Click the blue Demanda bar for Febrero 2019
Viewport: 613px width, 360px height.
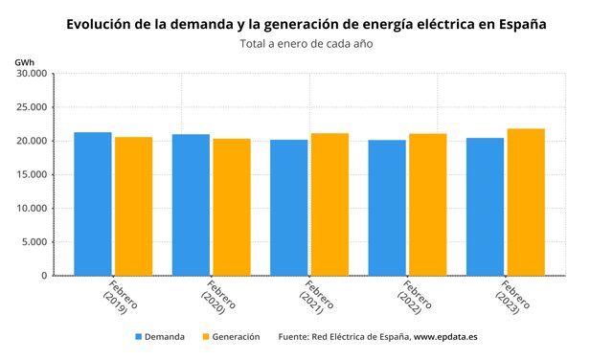point(93,204)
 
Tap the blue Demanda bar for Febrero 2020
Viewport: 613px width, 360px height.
point(191,205)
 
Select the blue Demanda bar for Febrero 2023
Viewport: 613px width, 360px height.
point(485,207)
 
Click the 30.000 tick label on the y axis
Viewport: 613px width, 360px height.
point(31,74)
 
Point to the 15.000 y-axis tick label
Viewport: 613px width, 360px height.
point(31,175)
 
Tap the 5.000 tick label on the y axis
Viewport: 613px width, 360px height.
point(34,242)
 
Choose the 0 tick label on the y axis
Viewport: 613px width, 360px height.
point(43,276)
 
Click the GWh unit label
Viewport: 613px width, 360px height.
point(25,61)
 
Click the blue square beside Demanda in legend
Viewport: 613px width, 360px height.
point(138,337)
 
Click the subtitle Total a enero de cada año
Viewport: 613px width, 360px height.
point(305,44)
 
